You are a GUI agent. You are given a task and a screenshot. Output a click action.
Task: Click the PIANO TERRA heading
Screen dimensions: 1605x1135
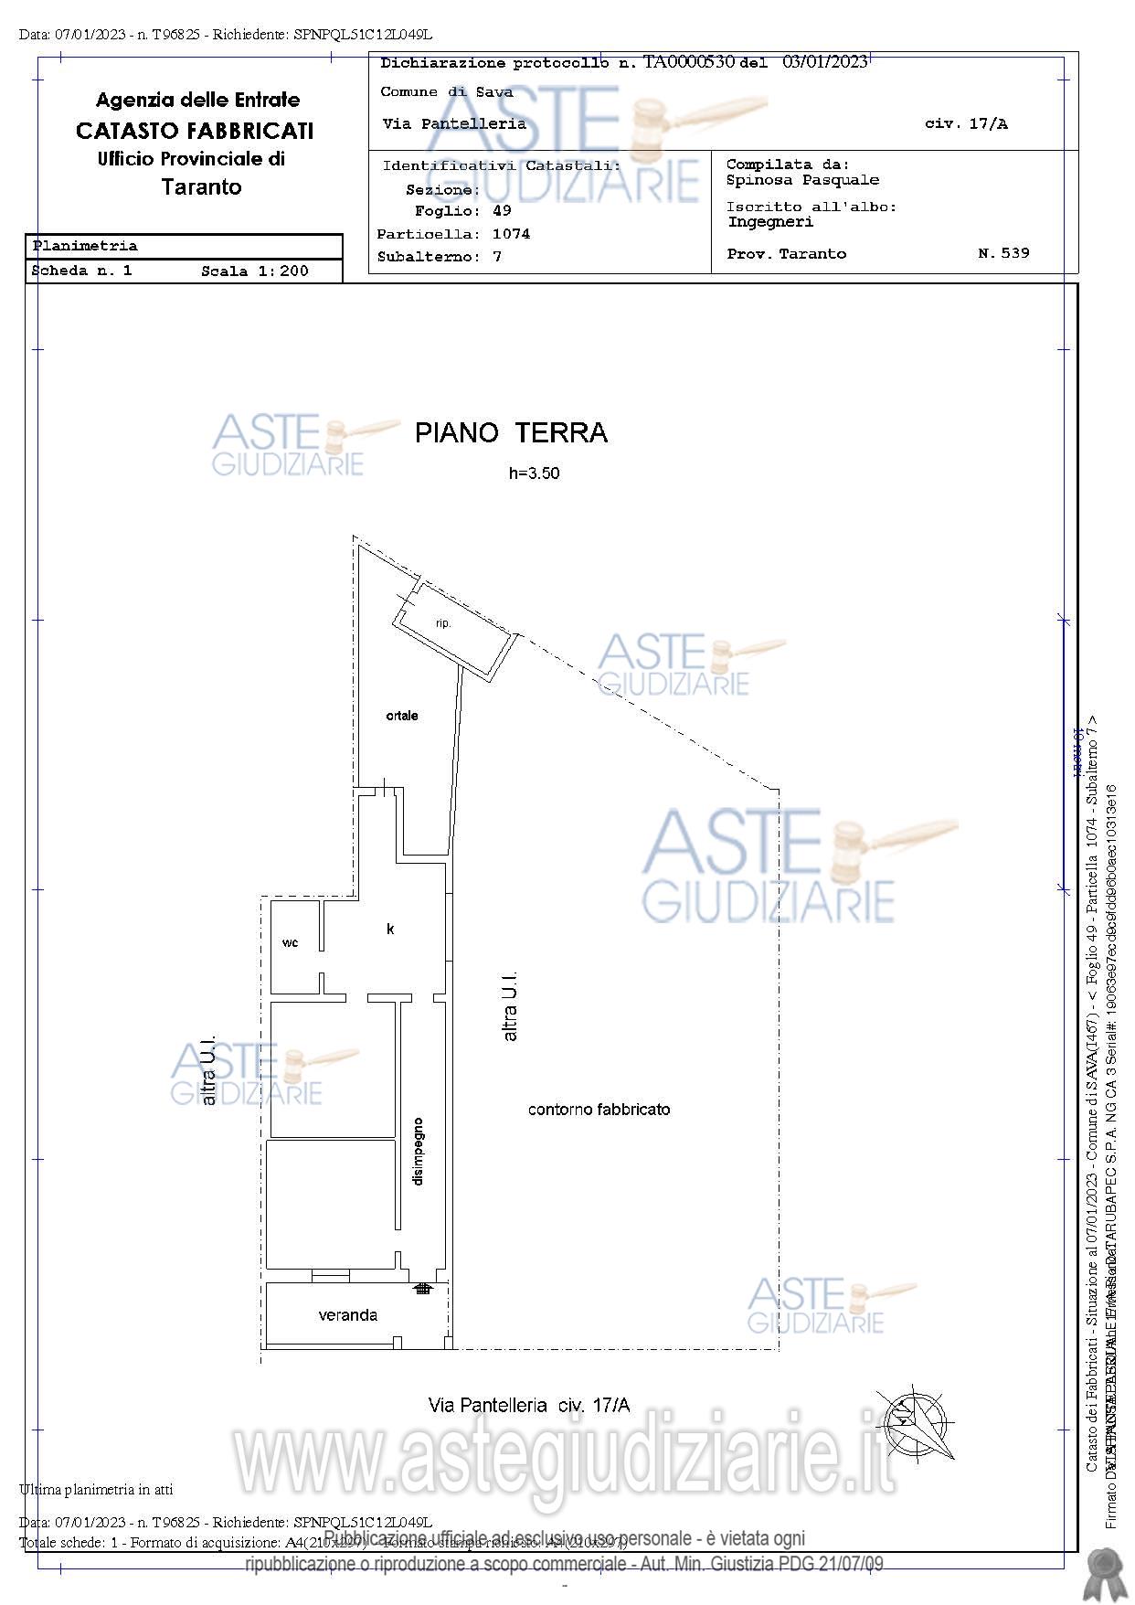[511, 432]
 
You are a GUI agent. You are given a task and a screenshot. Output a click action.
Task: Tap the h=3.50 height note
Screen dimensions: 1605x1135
[534, 473]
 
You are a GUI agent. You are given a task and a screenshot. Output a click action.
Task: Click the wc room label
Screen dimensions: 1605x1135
[290, 942]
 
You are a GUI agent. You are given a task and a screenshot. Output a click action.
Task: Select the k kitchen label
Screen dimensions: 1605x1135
[390, 929]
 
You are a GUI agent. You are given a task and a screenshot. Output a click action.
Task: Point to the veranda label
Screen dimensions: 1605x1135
[347, 1315]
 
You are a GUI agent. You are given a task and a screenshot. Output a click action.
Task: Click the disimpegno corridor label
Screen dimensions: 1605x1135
[418, 1151]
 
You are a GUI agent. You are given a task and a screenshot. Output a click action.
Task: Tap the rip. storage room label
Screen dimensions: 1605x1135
[443, 623]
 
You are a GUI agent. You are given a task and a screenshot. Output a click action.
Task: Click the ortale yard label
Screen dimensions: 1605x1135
[402, 716]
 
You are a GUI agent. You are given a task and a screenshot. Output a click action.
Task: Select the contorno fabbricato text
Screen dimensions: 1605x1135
[599, 1110]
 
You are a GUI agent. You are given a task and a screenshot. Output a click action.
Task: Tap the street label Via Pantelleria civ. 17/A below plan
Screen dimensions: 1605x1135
[528, 1405]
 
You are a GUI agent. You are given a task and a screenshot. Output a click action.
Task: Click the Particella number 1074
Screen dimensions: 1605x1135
[511, 234]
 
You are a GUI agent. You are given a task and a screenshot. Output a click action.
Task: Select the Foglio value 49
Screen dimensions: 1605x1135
[502, 211]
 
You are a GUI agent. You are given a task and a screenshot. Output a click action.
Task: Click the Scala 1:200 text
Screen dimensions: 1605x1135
[255, 271]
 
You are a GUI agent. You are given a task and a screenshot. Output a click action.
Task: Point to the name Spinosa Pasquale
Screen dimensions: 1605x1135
[802, 180]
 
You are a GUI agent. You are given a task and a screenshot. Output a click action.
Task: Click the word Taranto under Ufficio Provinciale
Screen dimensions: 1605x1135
[201, 187]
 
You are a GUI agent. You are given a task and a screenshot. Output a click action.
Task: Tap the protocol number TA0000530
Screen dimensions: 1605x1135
[689, 62]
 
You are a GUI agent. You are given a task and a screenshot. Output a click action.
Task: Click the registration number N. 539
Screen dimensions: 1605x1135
[1003, 253]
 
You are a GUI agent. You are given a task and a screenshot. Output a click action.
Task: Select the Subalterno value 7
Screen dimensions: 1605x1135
[497, 257]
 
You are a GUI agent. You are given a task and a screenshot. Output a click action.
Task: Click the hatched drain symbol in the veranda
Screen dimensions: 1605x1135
[422, 1289]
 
